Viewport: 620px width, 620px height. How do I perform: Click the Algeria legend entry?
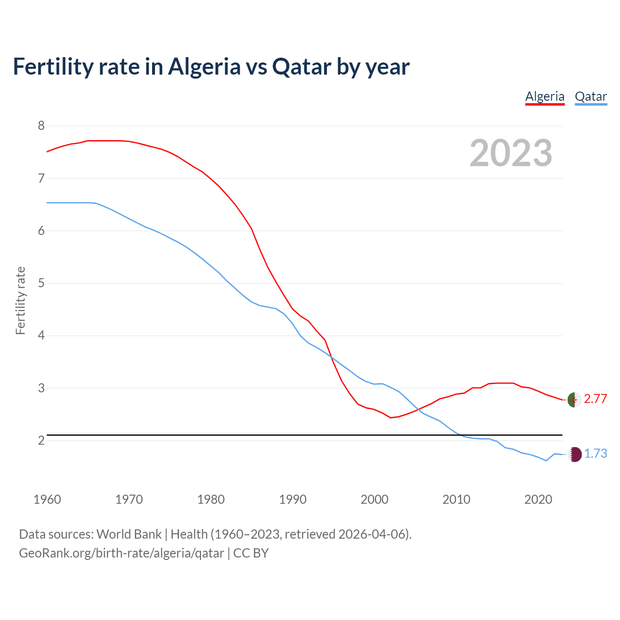coord(545,96)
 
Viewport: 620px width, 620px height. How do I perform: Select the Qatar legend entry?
coord(590,96)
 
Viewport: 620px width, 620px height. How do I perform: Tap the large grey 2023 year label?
coord(511,153)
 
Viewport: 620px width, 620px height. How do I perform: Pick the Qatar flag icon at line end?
coord(574,454)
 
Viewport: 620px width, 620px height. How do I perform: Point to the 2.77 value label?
coord(595,399)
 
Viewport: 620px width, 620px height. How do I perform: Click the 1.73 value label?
coord(595,453)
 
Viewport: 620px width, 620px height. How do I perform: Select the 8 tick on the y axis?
coord(41,126)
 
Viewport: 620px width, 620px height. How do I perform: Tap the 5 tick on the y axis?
coord(41,283)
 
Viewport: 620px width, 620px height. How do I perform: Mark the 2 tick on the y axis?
coord(41,440)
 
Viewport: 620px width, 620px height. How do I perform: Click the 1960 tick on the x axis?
coord(47,499)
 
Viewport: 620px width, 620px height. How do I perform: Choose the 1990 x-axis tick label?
coord(293,499)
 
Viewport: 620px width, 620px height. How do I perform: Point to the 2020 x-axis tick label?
coord(538,499)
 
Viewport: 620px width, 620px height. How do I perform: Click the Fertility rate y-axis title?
coord(20,300)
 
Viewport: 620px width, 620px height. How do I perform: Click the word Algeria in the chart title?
coord(204,66)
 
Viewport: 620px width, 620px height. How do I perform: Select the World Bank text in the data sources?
coord(129,534)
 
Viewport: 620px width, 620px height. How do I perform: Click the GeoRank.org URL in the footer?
coord(121,553)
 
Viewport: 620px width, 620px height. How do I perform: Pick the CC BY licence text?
coord(251,553)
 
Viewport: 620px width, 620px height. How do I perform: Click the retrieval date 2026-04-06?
coord(373,534)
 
